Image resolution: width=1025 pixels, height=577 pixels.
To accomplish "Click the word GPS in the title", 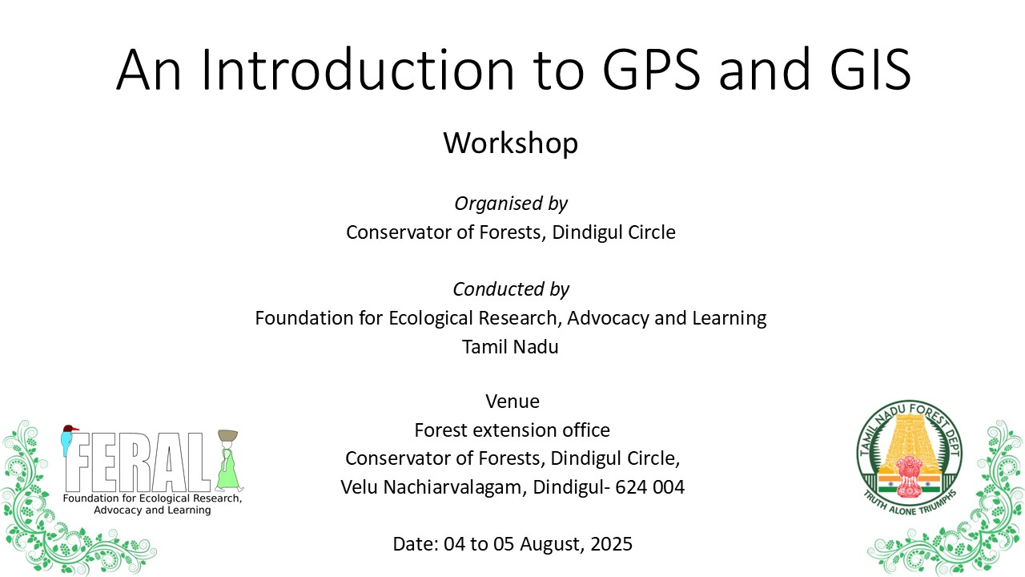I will tap(649, 69).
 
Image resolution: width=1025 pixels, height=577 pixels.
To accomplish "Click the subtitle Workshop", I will tap(511, 143).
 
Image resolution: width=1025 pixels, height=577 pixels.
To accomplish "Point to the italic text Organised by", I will tap(511, 204).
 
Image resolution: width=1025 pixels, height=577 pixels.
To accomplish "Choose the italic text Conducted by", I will tap(511, 289).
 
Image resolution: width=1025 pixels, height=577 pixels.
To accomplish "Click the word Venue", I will tap(512, 401).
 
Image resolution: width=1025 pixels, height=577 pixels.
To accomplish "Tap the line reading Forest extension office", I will tap(512, 430).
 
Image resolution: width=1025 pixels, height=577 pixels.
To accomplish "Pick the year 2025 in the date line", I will tap(611, 544).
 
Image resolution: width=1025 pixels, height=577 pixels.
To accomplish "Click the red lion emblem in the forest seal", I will tap(909, 469).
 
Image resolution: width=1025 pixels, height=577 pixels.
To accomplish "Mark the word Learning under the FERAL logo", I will tap(183, 510).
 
